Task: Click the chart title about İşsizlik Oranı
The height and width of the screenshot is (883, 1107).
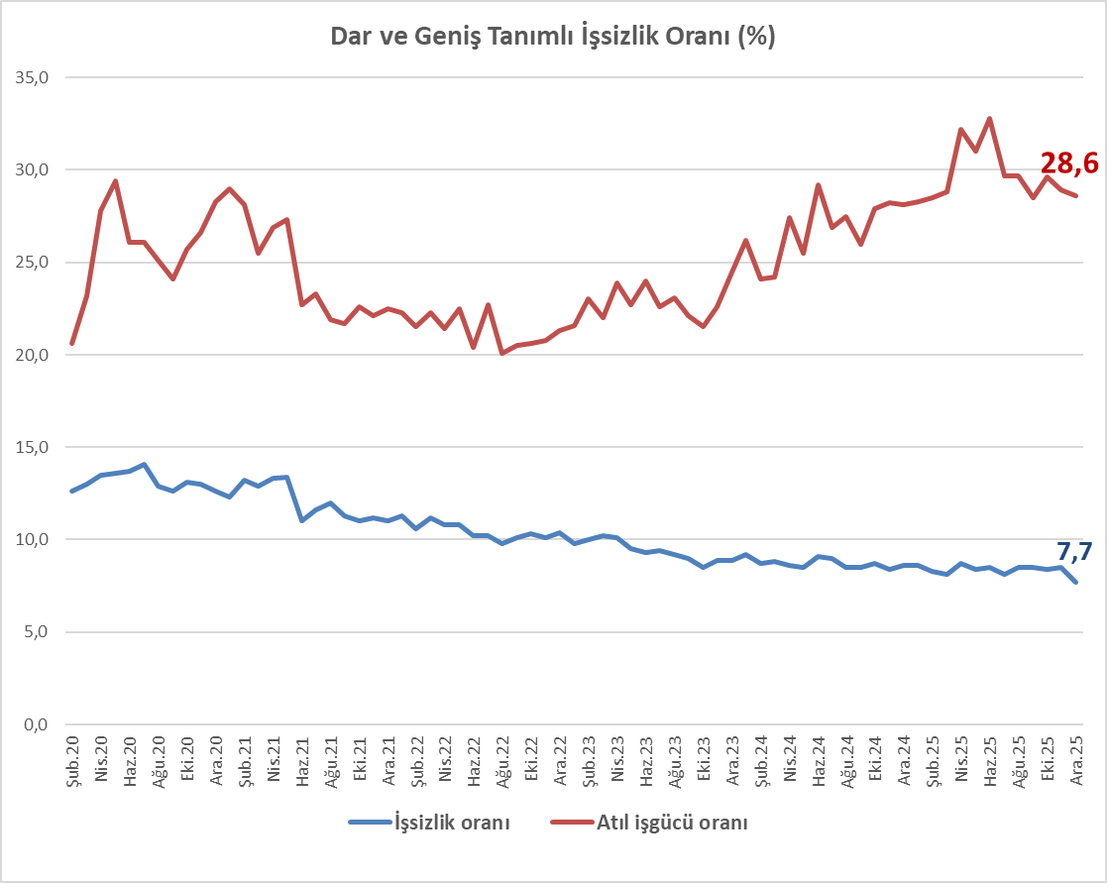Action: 552,37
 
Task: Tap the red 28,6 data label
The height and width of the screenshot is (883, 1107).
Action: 1069,164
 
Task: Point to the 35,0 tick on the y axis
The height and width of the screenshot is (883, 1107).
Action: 29,77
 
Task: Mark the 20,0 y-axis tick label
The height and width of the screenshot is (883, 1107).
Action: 29,355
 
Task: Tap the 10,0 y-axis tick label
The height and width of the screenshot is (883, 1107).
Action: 29,540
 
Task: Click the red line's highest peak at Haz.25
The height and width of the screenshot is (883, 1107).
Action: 989,119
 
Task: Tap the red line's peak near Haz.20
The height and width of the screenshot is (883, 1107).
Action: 116,181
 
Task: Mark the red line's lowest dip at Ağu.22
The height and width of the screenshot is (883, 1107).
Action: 502,353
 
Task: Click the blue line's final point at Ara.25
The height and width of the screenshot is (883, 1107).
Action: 1076,582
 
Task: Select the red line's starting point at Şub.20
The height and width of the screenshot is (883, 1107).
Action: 72,343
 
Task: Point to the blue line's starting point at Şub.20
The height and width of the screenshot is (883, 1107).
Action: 72,491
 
